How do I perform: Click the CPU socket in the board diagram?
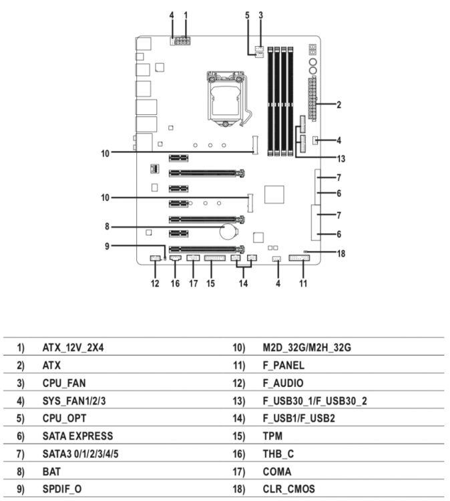[226, 99]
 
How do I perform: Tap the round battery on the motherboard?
[228, 231]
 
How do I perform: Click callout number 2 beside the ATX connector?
[339, 105]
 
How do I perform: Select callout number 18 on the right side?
[341, 254]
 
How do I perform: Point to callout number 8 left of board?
[107, 227]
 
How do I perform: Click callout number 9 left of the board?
[107, 246]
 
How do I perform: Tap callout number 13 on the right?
[341, 159]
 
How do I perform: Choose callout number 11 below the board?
[302, 283]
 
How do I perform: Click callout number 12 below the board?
[155, 283]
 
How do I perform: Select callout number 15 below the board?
[210, 283]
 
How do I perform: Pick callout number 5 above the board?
[247, 15]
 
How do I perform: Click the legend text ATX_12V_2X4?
[73, 347]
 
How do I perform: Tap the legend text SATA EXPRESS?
[77, 436]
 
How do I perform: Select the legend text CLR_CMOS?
[288, 489]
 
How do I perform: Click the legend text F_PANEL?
[284, 365]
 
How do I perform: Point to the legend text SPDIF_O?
[62, 489]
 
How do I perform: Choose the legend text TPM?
[272, 436]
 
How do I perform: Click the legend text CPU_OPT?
[64, 419]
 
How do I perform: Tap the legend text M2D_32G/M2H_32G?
[307, 347]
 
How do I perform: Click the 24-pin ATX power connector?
[312, 99]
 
